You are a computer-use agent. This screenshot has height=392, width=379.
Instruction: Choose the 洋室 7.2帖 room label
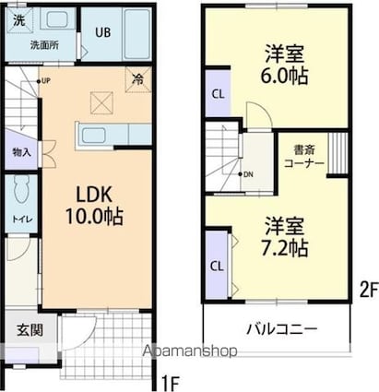pyautogui.click(x=283, y=236)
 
